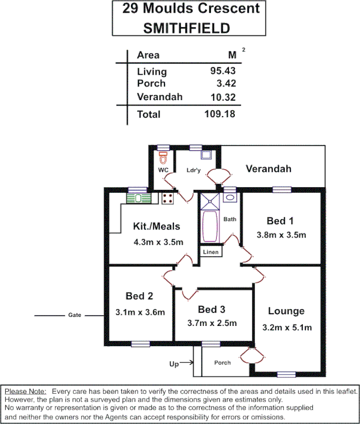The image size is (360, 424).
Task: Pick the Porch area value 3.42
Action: click(225, 83)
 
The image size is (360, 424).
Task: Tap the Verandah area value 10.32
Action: click(223, 97)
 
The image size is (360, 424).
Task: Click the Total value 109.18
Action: click(219, 114)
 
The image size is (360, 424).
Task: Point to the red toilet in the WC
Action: click(163, 157)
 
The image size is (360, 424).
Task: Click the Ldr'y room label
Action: click(194, 170)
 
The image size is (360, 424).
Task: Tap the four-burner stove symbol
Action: click(168, 198)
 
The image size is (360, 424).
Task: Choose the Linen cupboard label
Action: click(210, 252)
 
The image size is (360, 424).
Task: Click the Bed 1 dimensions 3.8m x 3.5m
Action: click(282, 235)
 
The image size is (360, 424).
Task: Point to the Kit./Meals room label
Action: click(156, 226)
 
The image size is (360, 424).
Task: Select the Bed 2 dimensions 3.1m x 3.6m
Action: click(140, 312)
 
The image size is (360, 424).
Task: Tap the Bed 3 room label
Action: click(212, 310)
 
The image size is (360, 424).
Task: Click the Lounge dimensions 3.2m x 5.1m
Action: click(286, 327)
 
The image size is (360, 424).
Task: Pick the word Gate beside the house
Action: click(75, 315)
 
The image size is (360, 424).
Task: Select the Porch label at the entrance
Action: click(222, 363)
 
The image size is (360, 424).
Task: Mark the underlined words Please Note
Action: click(25, 391)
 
